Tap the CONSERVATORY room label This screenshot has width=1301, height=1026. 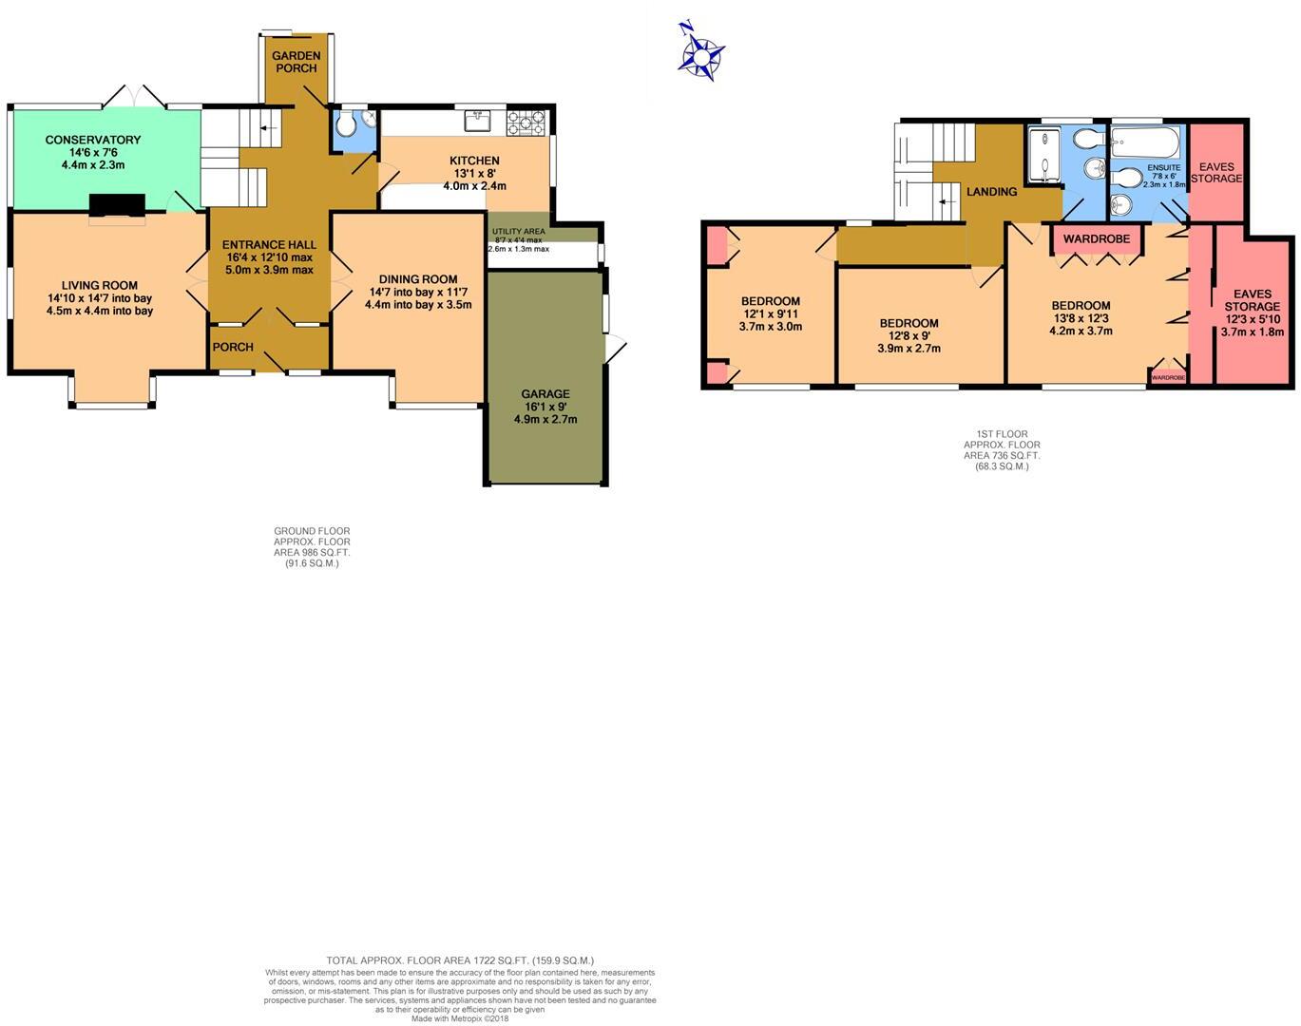click(x=93, y=140)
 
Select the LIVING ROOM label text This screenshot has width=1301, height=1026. click(x=100, y=285)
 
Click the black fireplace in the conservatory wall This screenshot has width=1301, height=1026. click(x=117, y=205)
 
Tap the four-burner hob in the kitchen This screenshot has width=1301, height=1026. click(x=527, y=121)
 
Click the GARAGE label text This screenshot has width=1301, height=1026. click(x=545, y=393)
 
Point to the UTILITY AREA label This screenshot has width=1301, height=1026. click(x=518, y=231)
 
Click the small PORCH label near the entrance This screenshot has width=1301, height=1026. click(x=233, y=347)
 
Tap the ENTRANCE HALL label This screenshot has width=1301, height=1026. click(x=268, y=244)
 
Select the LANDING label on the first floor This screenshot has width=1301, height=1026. click(x=991, y=192)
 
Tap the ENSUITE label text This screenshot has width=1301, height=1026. click(x=1163, y=167)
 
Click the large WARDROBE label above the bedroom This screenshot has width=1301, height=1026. click(x=1097, y=238)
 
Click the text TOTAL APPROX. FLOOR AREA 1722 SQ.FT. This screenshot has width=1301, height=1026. click(x=460, y=960)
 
